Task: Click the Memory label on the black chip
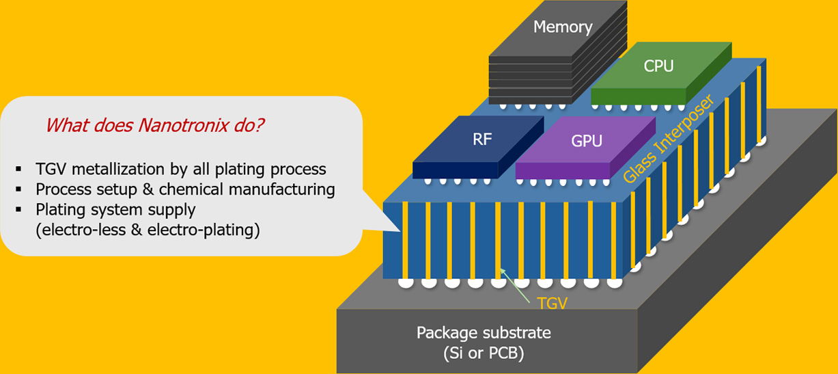pos(563,27)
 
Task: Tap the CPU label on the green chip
pos(658,66)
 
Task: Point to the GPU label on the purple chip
pos(587,142)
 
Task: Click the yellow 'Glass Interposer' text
pos(669,139)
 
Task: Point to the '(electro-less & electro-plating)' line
pos(148,230)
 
